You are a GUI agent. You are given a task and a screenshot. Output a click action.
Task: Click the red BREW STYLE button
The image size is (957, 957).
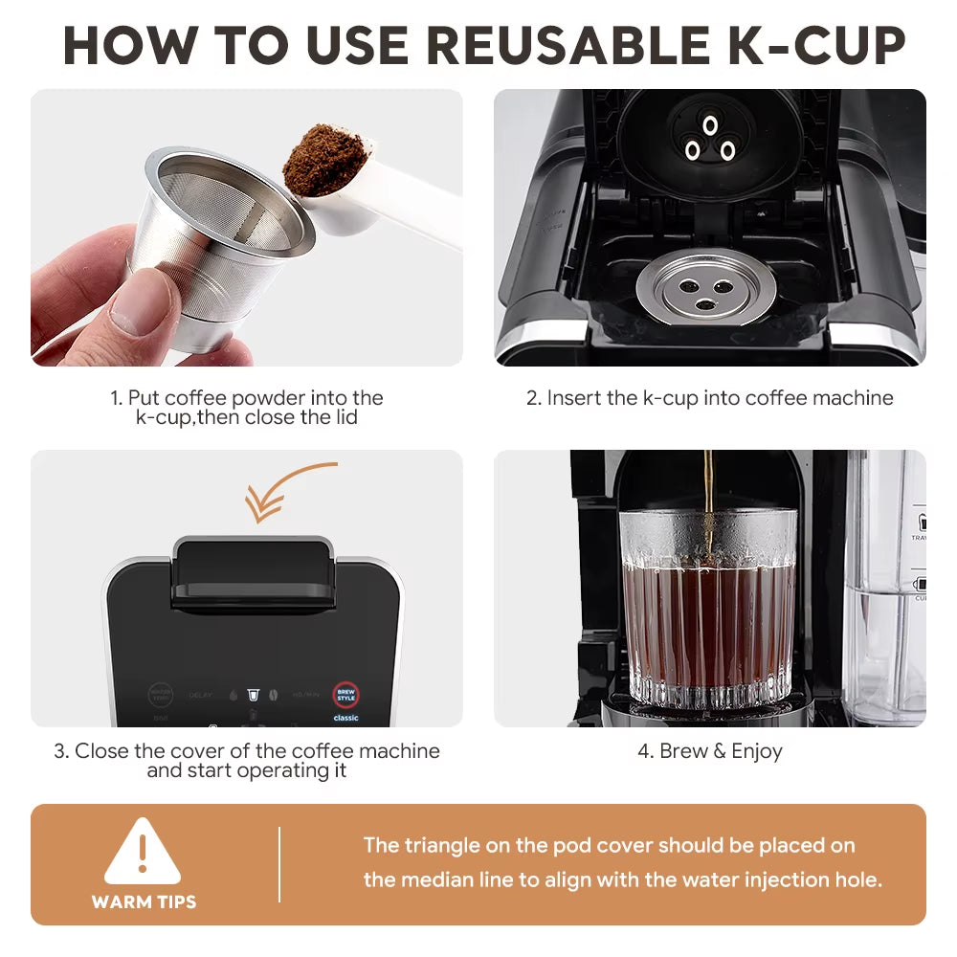345,695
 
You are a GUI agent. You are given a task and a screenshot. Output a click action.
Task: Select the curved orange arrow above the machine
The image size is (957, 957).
287,488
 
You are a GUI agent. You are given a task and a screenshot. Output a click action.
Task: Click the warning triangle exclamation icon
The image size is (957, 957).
143,852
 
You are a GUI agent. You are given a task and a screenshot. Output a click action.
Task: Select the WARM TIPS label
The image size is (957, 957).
144,901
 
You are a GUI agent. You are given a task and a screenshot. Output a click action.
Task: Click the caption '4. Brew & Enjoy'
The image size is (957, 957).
710,751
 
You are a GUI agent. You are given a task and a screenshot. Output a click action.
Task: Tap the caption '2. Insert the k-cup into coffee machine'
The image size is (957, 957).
710,398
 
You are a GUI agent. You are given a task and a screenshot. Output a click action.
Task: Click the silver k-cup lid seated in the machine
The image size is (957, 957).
706,288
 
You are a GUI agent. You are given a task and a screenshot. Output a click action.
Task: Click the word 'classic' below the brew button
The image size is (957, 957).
345,718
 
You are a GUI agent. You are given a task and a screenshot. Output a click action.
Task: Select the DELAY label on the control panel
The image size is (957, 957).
201,695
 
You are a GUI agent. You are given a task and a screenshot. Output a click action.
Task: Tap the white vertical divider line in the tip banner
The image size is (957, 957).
279,865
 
